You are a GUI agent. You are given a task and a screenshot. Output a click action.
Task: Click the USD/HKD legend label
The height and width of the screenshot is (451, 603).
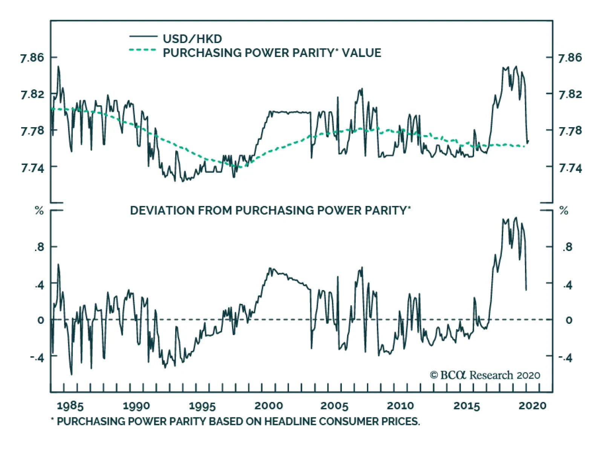pyautogui.click(x=192, y=39)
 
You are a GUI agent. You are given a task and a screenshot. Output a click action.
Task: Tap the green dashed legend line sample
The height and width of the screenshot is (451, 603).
pyautogui.click(x=142, y=50)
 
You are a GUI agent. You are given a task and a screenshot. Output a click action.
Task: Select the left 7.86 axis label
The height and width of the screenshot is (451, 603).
pyautogui.click(x=32, y=58)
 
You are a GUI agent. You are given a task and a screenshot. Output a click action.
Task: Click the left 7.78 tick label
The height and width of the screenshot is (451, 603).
pyautogui.click(x=32, y=131)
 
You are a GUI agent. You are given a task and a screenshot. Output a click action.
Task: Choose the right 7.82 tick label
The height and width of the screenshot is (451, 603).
pyautogui.click(x=570, y=94)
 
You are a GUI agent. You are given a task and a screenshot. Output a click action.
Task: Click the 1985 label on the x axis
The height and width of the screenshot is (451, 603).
pyautogui.click(x=70, y=406)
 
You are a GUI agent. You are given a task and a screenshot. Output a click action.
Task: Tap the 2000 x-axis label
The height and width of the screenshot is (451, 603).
pyautogui.click(x=268, y=406)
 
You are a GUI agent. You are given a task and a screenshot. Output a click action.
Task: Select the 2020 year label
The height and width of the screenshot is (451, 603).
pyautogui.click(x=532, y=406)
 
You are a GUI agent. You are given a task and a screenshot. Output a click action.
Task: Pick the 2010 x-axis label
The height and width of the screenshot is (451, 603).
pyautogui.click(x=400, y=406)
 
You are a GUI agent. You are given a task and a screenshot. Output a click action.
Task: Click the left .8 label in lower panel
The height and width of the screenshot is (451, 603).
pyautogui.click(x=39, y=248)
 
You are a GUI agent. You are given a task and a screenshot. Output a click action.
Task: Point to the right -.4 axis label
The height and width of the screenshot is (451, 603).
pyautogui.click(x=565, y=358)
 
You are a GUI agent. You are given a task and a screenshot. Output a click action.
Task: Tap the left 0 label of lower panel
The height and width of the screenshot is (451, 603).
pyautogui.click(x=41, y=320)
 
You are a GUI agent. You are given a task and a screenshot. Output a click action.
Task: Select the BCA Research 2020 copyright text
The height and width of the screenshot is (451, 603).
pyautogui.click(x=485, y=375)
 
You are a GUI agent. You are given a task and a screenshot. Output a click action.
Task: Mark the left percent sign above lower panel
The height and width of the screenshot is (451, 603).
pyautogui.click(x=39, y=211)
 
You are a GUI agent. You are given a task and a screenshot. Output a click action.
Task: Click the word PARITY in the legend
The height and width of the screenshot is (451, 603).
pyautogui.click(x=311, y=53)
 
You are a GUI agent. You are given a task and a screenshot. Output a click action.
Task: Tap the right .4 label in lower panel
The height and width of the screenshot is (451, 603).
pyautogui.click(x=568, y=285)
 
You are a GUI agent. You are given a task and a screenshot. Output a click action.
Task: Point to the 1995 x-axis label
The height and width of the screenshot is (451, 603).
pyautogui.click(x=202, y=406)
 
